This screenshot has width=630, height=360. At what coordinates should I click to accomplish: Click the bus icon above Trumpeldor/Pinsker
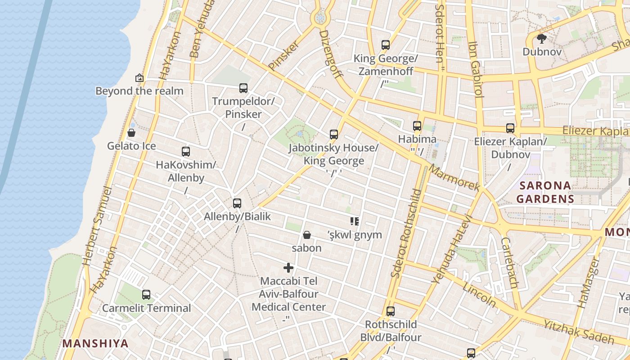pos(243,88)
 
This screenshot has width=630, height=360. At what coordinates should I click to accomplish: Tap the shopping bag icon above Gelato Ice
pos(131,132)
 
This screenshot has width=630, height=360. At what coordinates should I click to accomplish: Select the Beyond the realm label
pos(139,91)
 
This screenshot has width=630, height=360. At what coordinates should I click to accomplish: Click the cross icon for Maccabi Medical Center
pos(288,268)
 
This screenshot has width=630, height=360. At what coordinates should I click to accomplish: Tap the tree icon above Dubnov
pos(542,38)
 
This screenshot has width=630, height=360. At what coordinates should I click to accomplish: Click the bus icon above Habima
pos(417,126)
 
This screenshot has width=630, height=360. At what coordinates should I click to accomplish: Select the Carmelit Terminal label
pos(146,308)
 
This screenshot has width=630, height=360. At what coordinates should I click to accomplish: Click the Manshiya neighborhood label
pos(95,343)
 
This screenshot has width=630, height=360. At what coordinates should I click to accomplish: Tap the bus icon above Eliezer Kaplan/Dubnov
pos(510,128)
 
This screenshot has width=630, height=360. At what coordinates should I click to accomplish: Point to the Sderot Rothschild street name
pos(406,233)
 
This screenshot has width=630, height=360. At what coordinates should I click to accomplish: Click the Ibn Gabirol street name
pos(476,70)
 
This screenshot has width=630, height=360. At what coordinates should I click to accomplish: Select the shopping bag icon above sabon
pos(307,234)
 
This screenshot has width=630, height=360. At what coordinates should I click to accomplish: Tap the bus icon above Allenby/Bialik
pos(237,203)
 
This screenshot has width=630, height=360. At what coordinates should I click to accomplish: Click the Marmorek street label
pos(454,178)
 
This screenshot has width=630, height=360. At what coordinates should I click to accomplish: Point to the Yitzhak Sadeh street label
pos(578,332)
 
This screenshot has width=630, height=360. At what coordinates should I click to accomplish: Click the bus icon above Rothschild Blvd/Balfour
pos(391,311)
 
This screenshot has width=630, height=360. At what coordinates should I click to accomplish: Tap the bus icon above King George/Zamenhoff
pos(386,45)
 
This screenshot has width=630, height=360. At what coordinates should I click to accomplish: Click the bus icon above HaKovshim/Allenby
pos(186,151)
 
